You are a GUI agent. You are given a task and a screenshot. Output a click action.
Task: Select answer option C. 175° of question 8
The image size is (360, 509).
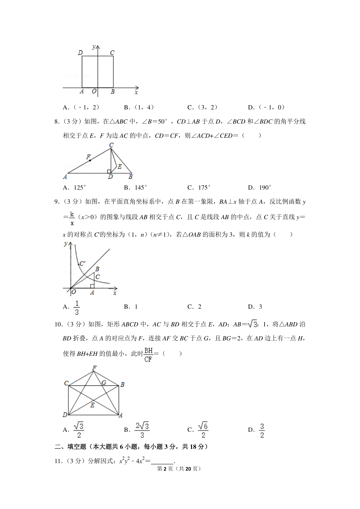tap(199, 188)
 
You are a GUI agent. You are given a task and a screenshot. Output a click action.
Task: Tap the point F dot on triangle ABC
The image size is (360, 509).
tap(90, 160)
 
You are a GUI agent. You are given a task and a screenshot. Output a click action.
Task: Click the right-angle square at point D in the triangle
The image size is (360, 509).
tap(109, 171)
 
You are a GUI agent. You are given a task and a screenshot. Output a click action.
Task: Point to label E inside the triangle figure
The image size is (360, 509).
tap(120, 166)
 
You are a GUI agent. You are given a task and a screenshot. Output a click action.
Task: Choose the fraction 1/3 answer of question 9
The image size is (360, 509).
tap(77, 307)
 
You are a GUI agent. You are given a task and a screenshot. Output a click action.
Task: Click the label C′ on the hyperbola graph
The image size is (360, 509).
tap(82, 263)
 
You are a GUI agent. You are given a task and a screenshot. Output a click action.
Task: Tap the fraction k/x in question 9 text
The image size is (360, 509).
tap(72, 219)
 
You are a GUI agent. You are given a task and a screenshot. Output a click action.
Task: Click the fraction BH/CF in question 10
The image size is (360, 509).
tap(148, 354)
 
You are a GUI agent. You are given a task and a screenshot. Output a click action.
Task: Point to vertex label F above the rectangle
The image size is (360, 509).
tap(94, 368)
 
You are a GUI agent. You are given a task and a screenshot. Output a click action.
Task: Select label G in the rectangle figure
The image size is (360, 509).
tap(104, 382)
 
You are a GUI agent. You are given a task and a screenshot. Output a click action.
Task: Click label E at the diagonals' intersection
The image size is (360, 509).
tap(92, 405)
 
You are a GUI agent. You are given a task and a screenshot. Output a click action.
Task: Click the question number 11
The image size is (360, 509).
tap(58, 461)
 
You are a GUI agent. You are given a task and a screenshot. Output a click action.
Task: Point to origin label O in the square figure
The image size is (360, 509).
tap(94, 91)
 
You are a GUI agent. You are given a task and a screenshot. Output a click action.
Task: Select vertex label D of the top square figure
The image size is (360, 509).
tap(80, 53)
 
